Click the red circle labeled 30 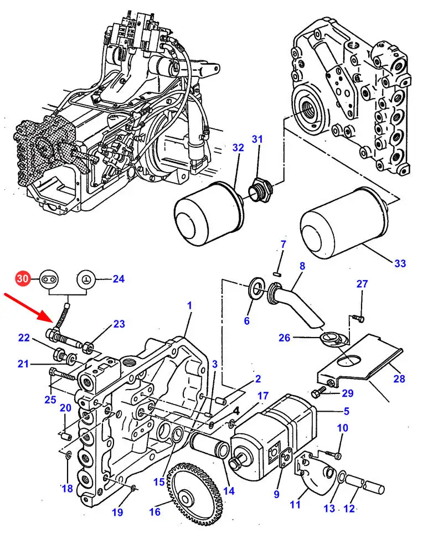[23, 279]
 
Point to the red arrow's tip [56, 323]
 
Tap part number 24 [119, 279]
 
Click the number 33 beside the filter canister [400, 263]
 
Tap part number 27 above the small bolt [362, 283]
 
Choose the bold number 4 [236, 411]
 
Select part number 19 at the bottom [117, 512]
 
